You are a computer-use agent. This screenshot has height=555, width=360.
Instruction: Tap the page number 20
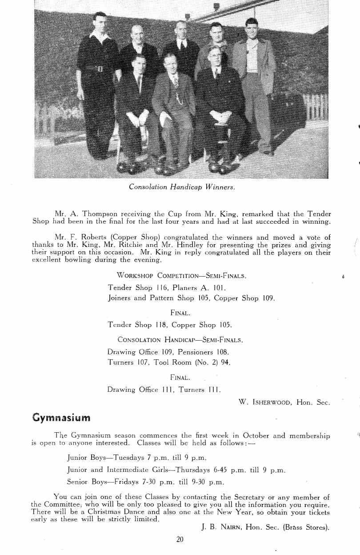pos(180,539)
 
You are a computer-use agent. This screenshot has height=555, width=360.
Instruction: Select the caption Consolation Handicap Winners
pos(182,187)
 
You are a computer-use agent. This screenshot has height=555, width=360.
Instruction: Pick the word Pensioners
pos(194,352)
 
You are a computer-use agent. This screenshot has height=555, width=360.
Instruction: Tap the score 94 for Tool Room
pos(226,362)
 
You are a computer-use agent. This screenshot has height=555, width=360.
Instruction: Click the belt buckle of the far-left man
pos(100,68)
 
